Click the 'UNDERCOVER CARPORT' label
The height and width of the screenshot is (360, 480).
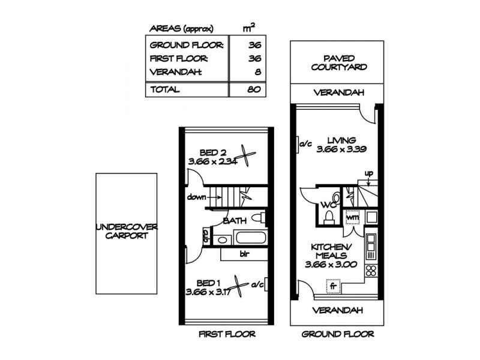pos(127,231)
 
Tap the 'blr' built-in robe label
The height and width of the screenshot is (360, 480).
pos(244,254)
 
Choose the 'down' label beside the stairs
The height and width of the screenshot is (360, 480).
pos(196,197)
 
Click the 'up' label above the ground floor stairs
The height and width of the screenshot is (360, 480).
pos(369,173)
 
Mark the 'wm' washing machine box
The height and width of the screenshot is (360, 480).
pos(352,217)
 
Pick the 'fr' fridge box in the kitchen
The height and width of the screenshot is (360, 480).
pos(333,287)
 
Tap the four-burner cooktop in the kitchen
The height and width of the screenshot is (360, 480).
pos(370,270)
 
